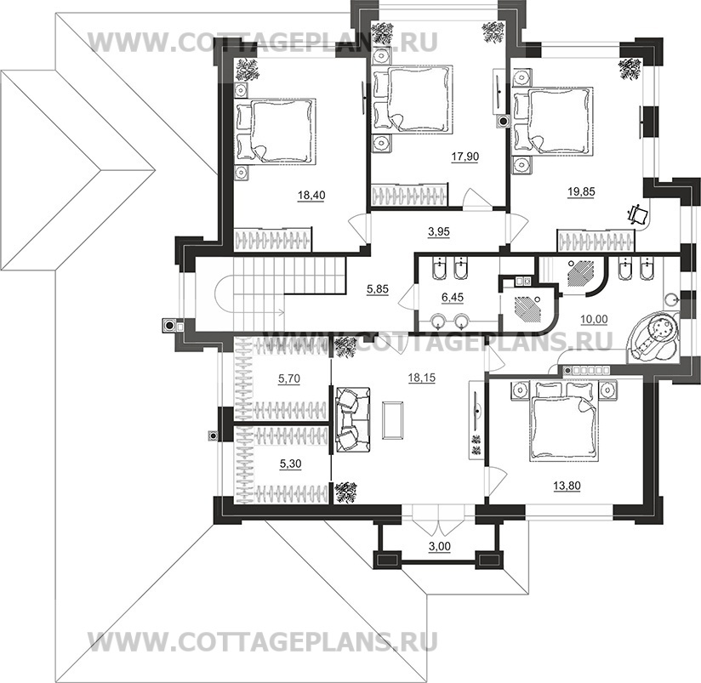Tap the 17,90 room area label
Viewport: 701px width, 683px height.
pos(463,157)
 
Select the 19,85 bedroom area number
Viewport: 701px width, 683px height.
pos(581,191)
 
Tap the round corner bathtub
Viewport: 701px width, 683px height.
pos(653,339)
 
